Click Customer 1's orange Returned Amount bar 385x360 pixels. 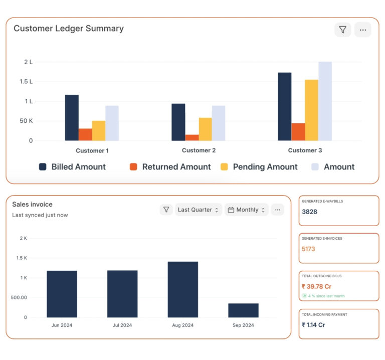(x=85, y=134)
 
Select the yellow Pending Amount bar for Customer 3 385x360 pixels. (x=311, y=110)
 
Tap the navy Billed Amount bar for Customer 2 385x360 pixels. (x=178, y=122)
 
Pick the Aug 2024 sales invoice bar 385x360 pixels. (x=183, y=289)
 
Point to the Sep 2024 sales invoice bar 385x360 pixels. (x=243, y=310)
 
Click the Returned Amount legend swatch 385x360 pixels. (x=133, y=167)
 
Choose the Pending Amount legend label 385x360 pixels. (x=265, y=167)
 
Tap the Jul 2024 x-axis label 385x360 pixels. (x=122, y=325)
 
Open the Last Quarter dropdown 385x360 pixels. (x=199, y=210)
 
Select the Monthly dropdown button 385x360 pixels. (x=246, y=210)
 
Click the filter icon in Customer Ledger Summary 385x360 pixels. (x=343, y=30)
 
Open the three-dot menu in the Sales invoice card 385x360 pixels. (x=277, y=210)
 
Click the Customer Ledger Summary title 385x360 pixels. (x=69, y=29)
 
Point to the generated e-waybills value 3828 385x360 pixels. (x=309, y=212)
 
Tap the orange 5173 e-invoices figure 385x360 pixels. (x=308, y=249)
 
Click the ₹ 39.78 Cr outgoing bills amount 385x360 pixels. (x=316, y=286)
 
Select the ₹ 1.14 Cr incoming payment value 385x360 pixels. (x=313, y=324)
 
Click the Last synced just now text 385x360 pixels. (x=40, y=215)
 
